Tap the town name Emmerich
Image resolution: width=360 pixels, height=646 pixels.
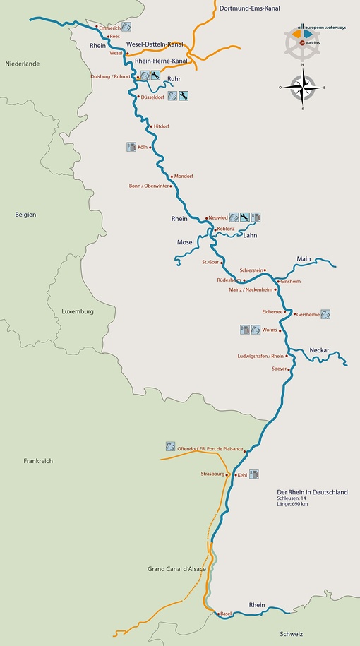(110, 28)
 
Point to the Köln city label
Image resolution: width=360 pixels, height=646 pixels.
(141, 146)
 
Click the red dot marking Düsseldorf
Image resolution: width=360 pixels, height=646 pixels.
(138, 96)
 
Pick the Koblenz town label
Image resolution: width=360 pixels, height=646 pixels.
(226, 229)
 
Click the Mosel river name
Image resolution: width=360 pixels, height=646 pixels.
(185, 242)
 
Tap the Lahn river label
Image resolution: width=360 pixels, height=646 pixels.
(250, 236)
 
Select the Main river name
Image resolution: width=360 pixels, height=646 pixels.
(304, 258)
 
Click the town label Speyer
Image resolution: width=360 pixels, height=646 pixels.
(280, 369)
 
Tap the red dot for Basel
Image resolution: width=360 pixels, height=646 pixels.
(217, 613)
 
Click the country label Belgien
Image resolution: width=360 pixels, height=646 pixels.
(25, 215)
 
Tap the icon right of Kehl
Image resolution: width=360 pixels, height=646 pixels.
(255, 474)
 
